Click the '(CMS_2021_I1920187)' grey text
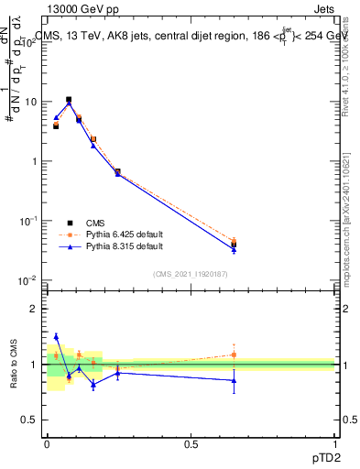(x=191, y=274)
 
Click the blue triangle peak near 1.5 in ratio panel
(x=56, y=336)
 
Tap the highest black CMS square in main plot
(x=69, y=100)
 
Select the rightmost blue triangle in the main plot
(x=234, y=249)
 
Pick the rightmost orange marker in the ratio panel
(x=234, y=354)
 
